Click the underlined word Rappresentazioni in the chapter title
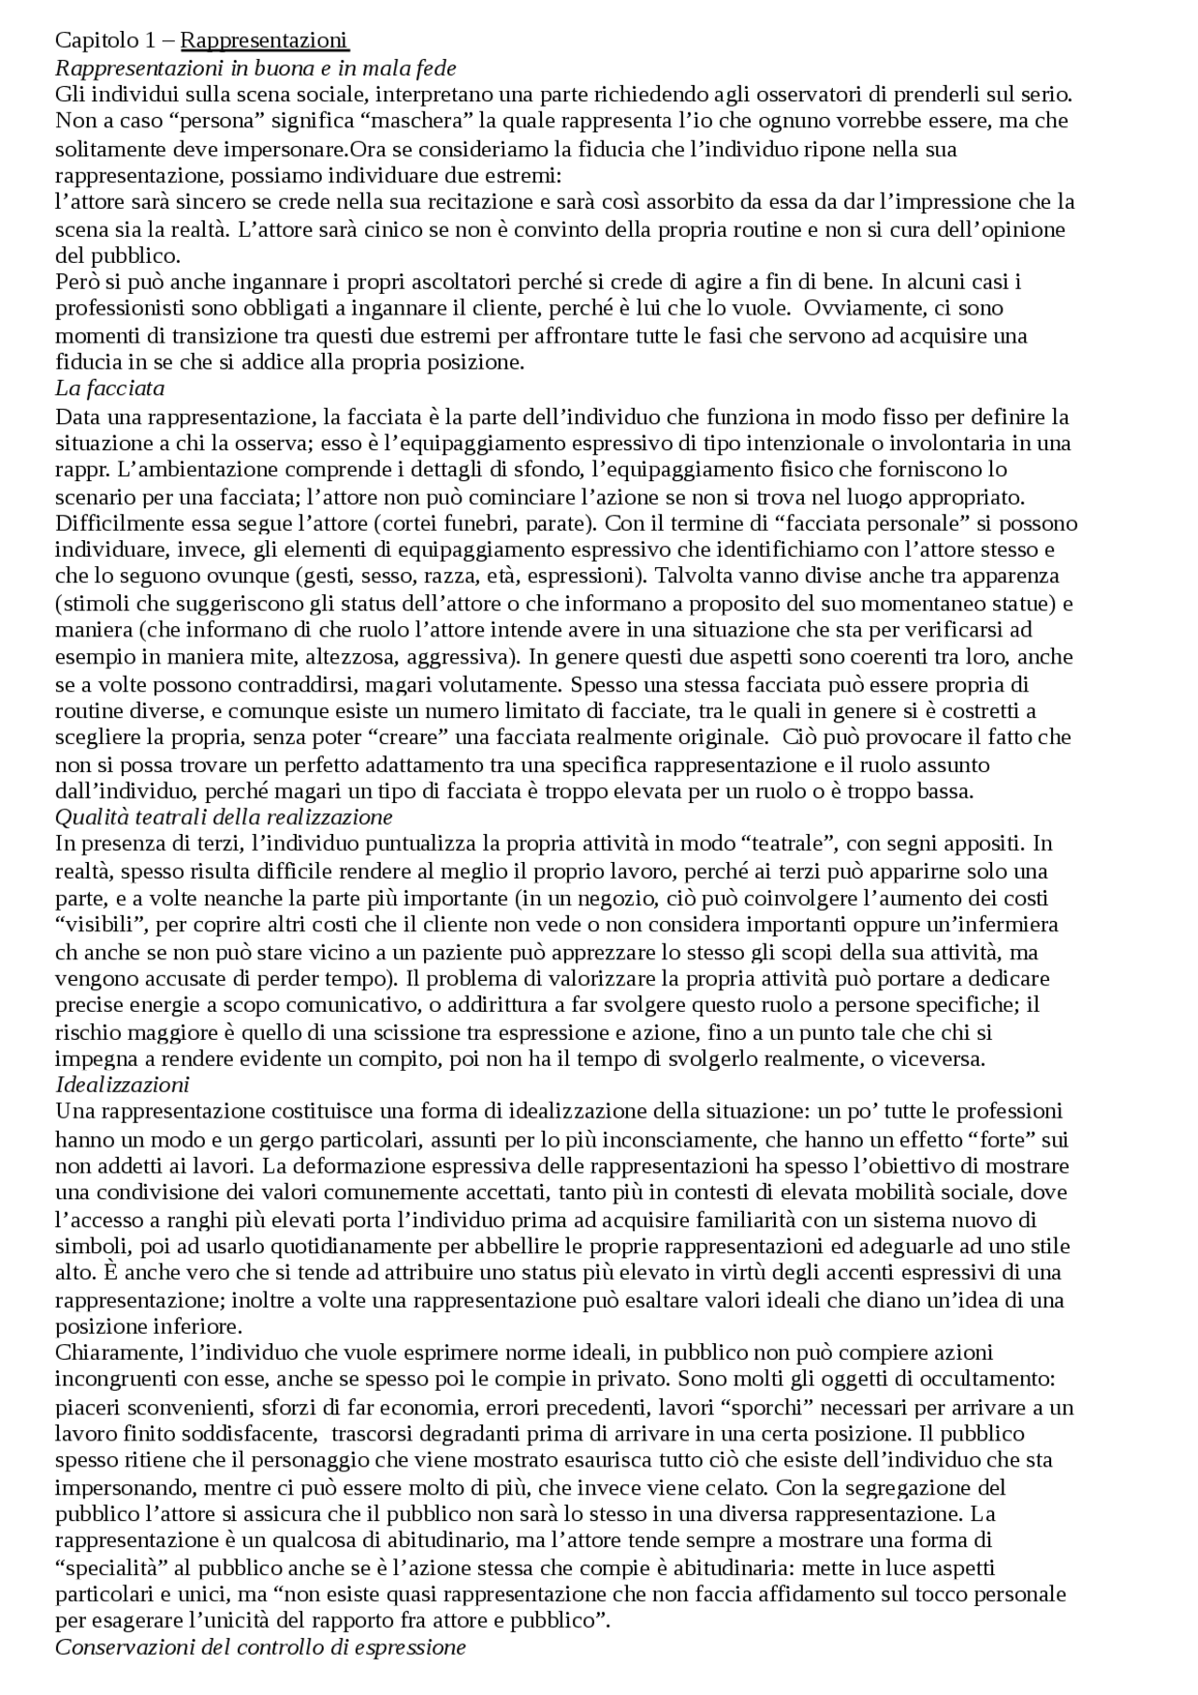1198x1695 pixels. coord(264,40)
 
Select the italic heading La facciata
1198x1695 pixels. coord(110,387)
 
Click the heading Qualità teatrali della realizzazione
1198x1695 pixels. coord(224,816)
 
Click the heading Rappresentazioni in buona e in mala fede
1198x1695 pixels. coord(256,67)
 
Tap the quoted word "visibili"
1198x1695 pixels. coord(101,924)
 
